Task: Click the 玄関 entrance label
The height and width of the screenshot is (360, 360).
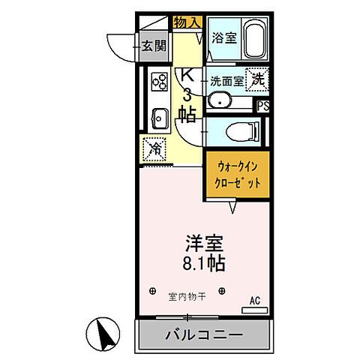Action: click(x=154, y=46)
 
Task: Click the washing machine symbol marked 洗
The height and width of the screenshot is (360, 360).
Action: click(x=257, y=78)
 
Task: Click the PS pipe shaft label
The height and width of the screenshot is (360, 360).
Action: click(x=263, y=106)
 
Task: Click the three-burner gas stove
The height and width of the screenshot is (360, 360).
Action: click(x=160, y=80)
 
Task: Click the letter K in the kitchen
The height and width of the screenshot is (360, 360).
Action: click(x=187, y=75)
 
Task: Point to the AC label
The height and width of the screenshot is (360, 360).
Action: click(x=254, y=301)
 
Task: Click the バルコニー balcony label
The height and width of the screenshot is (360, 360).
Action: click(x=203, y=334)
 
